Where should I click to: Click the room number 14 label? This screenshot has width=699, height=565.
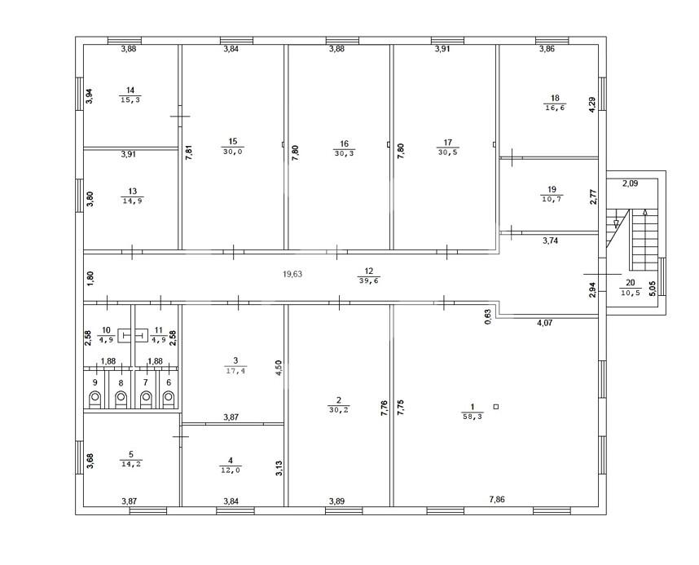point(130,90)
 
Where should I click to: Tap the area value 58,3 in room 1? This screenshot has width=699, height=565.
point(473,417)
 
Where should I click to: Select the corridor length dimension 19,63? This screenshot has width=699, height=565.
point(292,274)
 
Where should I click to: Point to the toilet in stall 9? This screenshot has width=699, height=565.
point(95,398)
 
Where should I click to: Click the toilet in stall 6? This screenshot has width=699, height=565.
point(168,398)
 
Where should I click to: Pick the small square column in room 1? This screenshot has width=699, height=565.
point(496,407)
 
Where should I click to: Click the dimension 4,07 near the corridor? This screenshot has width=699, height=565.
point(545,323)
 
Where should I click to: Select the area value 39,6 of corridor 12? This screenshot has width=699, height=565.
point(369,280)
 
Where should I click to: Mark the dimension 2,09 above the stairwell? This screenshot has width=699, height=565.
point(630,183)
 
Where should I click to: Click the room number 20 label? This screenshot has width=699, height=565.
point(631,282)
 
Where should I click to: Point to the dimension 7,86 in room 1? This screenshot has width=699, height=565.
point(497,500)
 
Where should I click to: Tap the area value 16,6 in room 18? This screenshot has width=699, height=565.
point(555,108)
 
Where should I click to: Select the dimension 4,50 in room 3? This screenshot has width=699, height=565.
point(279,369)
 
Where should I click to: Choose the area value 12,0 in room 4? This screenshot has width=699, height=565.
point(231,470)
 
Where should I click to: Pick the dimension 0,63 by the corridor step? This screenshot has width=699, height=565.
point(488,316)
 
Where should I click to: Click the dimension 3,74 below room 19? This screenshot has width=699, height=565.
point(550,241)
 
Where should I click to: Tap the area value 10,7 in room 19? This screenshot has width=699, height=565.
point(552,199)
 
